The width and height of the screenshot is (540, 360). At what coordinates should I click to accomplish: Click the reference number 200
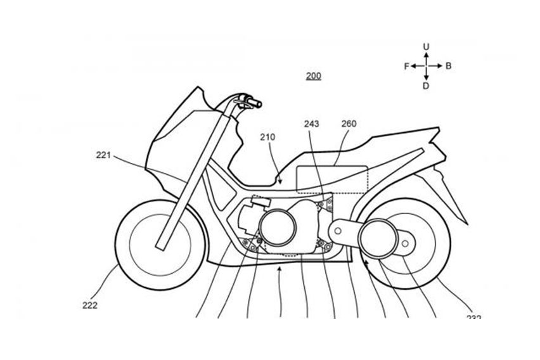pyautogui.click(x=313, y=77)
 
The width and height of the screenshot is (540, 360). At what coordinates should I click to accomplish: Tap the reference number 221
pyautogui.click(x=105, y=154)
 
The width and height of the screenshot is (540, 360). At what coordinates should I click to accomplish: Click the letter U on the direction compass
pyautogui.click(x=427, y=46)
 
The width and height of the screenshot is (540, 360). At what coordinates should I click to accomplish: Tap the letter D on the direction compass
pyautogui.click(x=427, y=86)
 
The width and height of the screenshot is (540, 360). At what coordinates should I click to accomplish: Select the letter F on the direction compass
pyautogui.click(x=406, y=66)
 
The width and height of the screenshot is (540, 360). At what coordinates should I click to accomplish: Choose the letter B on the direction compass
pyautogui.click(x=448, y=66)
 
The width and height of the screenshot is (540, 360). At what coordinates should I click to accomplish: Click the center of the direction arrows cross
pyautogui.click(x=427, y=66)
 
